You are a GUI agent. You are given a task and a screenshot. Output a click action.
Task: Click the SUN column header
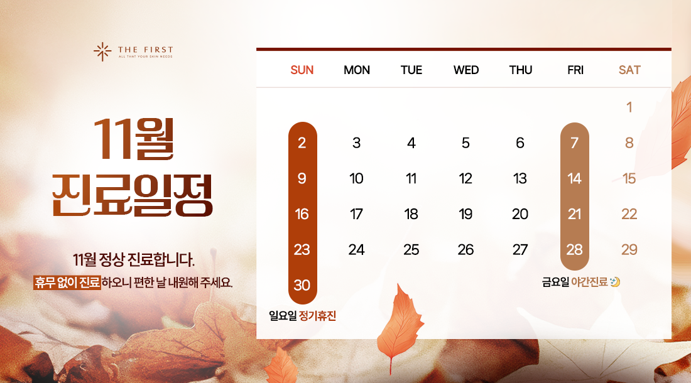302,70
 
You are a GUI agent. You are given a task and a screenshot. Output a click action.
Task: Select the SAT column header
629,70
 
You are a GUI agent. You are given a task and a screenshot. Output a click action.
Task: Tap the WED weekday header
465,70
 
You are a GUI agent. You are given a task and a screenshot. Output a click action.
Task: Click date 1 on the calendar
629,107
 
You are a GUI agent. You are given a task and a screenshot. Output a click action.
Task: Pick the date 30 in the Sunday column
302,285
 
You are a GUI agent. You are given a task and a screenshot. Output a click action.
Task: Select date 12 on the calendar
465,178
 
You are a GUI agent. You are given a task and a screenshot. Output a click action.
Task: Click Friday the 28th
574,249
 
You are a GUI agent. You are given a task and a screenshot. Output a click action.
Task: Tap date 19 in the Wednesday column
465,214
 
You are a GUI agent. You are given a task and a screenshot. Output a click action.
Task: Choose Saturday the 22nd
629,214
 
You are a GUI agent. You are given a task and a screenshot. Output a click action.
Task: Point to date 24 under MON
356,249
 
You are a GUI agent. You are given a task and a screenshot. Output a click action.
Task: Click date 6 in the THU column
520,143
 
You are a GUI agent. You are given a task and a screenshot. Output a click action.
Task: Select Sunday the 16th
302,214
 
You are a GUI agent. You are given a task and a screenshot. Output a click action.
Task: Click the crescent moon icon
615,283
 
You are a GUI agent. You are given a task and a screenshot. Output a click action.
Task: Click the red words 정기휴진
318,316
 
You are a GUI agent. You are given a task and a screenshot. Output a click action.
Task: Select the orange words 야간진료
589,283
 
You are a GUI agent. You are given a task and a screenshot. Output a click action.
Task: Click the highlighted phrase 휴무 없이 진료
67,283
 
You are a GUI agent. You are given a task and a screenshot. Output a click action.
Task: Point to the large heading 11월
133,139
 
